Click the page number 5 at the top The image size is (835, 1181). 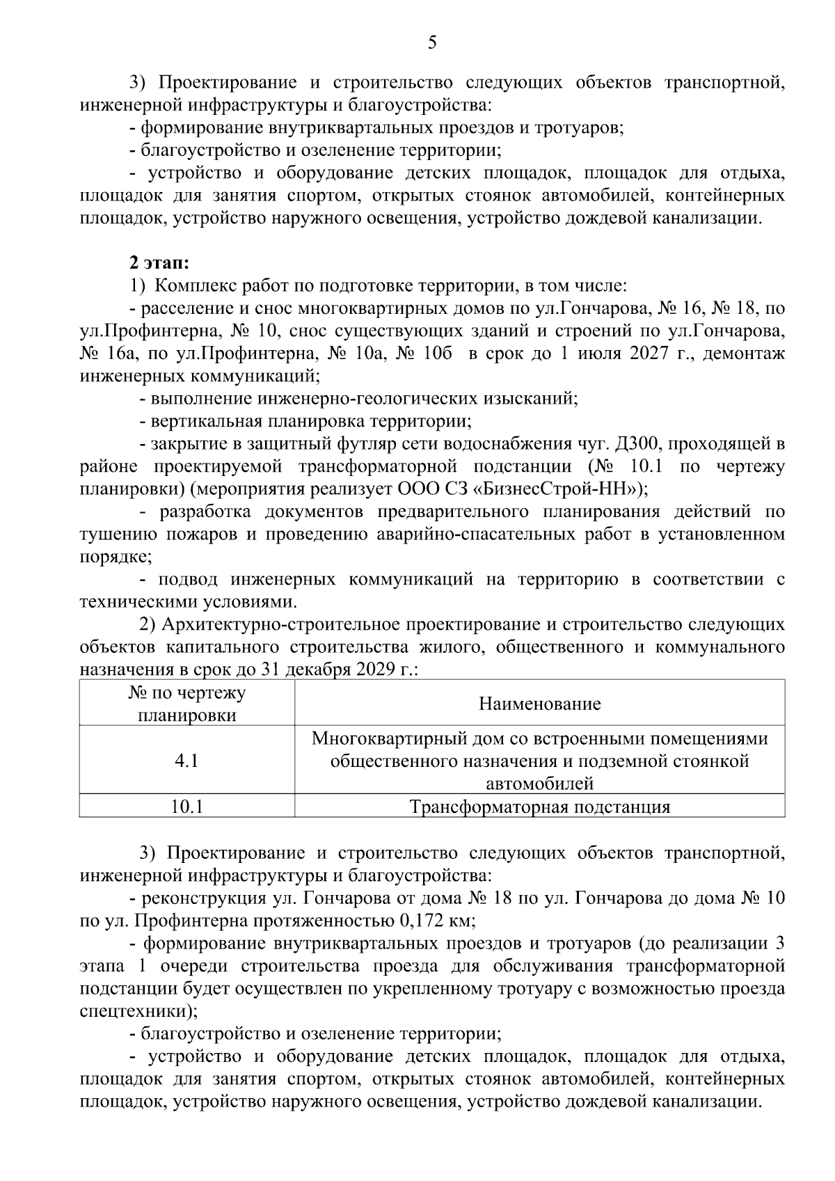click(431, 43)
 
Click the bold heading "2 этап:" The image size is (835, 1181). click(159, 263)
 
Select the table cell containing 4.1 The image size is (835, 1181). click(186, 761)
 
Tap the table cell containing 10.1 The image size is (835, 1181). click(186, 807)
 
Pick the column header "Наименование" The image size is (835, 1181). click(539, 704)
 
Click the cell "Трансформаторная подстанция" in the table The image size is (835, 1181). click(539, 807)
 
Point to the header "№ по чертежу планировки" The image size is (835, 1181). click(186, 704)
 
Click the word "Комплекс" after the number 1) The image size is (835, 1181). click(187, 285)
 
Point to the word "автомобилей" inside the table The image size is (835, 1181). click(539, 784)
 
